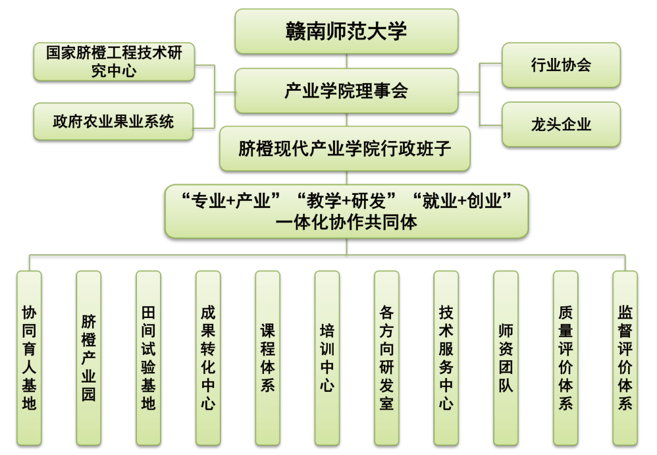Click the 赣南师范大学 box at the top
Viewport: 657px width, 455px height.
[346, 32]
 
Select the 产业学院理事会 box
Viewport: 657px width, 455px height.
[346, 91]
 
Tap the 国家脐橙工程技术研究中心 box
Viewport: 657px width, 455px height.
[114, 62]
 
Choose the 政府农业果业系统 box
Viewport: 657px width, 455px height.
[113, 122]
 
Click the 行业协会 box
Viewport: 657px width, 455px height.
[561, 65]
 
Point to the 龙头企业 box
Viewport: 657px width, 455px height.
[561, 124]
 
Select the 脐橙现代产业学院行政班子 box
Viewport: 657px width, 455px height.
[345, 149]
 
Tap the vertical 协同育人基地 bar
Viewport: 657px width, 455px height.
[30, 358]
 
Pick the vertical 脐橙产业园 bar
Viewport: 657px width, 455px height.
[89, 358]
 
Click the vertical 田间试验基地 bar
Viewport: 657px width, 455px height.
[148, 358]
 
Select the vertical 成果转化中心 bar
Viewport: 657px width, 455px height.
[208, 358]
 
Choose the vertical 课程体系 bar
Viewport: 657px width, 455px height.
[268, 358]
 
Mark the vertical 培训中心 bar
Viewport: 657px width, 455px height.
[327, 358]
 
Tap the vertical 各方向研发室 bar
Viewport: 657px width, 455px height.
[386, 358]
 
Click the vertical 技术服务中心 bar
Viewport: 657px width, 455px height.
[446, 358]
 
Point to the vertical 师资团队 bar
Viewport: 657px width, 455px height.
[506, 358]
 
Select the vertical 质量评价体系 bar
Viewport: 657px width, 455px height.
[565, 358]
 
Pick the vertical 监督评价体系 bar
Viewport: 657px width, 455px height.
[625, 358]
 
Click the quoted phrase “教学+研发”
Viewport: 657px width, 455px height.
[346, 201]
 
